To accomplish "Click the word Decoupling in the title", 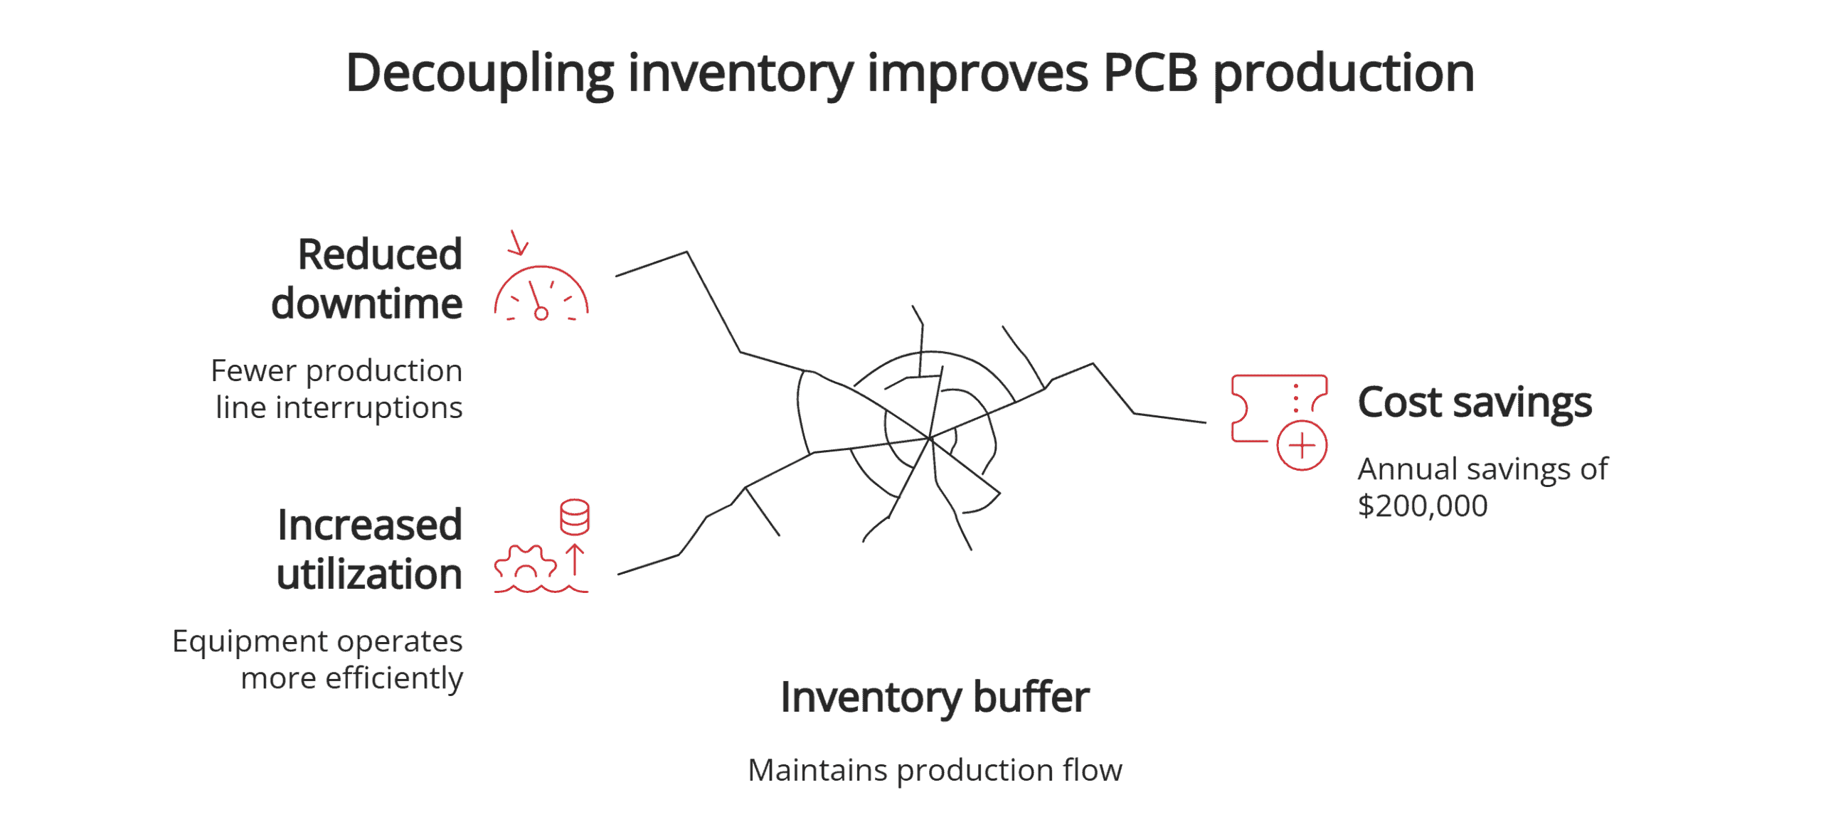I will click(479, 74).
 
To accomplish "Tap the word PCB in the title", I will click(1150, 74).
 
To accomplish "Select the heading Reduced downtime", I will click(368, 279).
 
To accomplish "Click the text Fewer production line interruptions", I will click(337, 389).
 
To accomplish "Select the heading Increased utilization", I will click(370, 549).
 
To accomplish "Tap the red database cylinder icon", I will click(574, 517).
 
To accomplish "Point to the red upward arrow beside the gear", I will click(575, 560).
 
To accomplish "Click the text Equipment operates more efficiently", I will click(318, 659).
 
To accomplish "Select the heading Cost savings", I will click(1474, 402).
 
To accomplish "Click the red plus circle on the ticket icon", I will click(1302, 446).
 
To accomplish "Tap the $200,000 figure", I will click(1422, 506).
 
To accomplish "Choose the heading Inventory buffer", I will click(935, 697).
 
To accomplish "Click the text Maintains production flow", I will click(935, 770).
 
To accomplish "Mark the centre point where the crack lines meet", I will click(930, 438).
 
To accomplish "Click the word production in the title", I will click(1343, 74).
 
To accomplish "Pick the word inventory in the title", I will click(740, 74).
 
